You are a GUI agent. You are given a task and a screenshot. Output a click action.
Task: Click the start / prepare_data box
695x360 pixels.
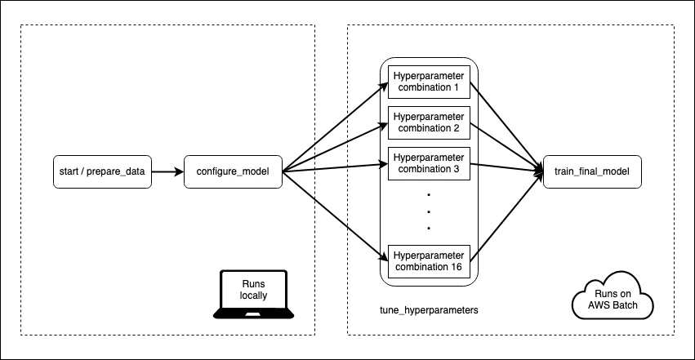tap(102, 171)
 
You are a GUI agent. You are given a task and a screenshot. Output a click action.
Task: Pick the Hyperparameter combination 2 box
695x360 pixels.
tap(429, 122)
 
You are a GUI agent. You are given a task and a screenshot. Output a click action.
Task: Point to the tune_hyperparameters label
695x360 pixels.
tap(429, 310)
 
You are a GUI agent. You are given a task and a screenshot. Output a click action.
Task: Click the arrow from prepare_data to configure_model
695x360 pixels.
tap(168, 171)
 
